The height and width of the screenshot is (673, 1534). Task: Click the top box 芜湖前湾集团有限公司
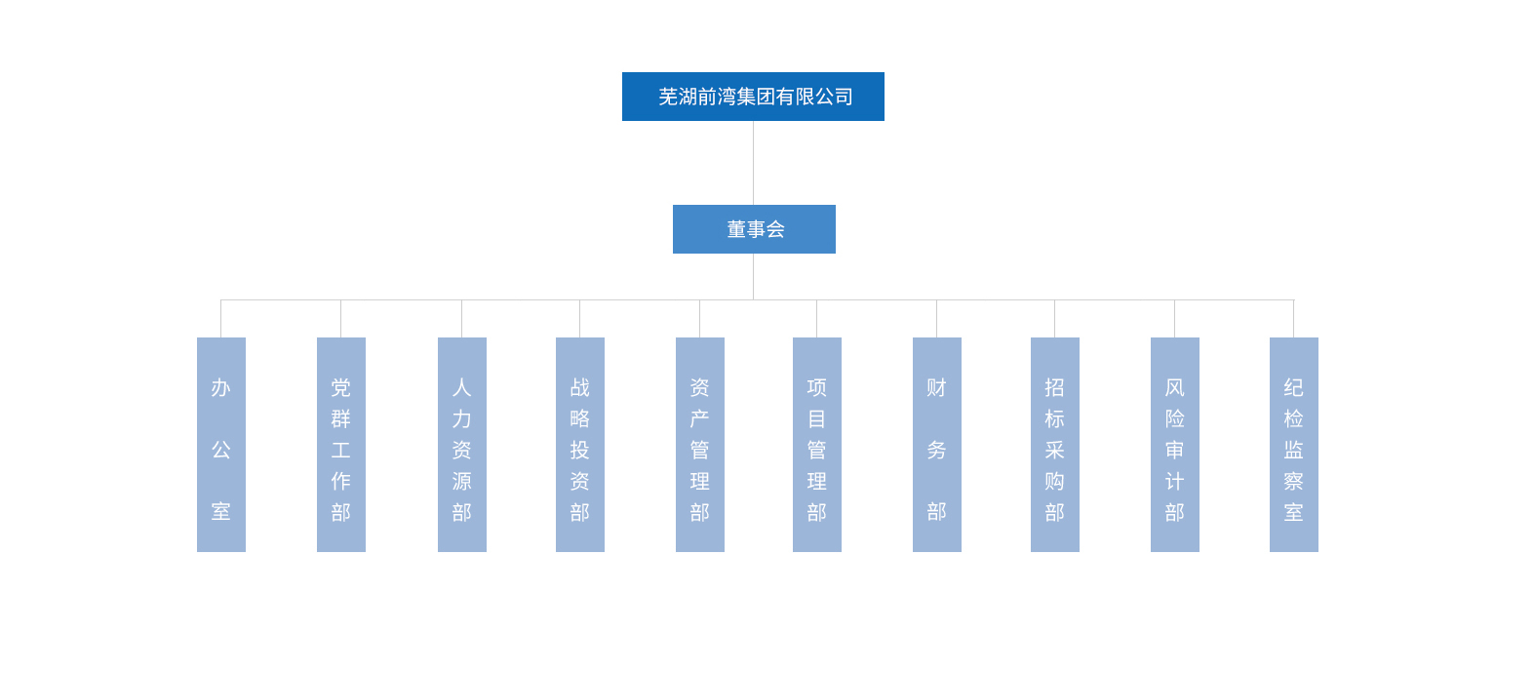[x=753, y=97]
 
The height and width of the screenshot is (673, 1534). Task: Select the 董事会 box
[x=754, y=228]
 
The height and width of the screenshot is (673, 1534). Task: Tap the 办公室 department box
[x=221, y=445]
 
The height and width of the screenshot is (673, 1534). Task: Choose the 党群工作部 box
[x=341, y=445]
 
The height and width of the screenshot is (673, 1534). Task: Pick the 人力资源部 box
[x=462, y=445]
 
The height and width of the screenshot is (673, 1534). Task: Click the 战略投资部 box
[x=580, y=445]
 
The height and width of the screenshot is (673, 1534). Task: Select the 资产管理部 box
[x=700, y=445]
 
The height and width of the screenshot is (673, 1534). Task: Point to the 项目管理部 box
[x=817, y=445]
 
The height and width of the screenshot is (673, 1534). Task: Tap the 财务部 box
[x=937, y=445]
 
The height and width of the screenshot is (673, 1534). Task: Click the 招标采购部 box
[x=1054, y=445]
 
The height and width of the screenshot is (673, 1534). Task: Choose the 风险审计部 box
[x=1174, y=445]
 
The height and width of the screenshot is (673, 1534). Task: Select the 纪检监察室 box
[x=1294, y=445]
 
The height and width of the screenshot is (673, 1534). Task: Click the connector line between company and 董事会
[x=753, y=163]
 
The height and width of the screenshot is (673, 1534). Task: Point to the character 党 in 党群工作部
[x=341, y=387]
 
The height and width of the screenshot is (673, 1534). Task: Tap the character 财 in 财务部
[x=937, y=387]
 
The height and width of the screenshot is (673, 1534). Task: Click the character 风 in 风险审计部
[x=1174, y=387]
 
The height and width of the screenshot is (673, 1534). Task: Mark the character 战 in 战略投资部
[x=580, y=387]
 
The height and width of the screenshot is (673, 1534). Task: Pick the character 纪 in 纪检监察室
[x=1294, y=387]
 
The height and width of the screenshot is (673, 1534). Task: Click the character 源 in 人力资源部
[x=462, y=481]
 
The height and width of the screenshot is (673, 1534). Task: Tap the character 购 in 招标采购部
[x=1054, y=481]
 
